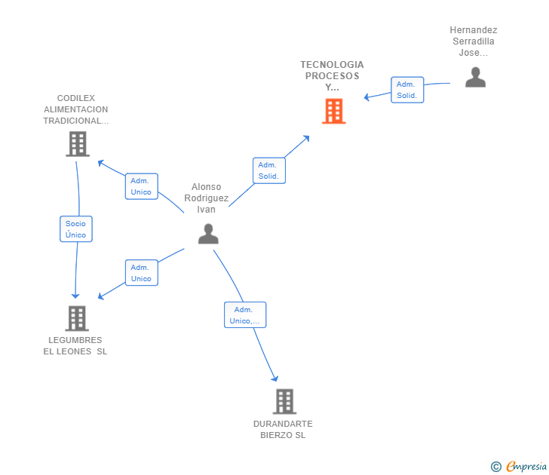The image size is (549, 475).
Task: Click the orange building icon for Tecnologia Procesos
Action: coord(333,111)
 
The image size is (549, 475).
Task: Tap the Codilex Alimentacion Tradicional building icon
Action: coord(77,143)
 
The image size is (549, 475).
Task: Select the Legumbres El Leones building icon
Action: coord(76,318)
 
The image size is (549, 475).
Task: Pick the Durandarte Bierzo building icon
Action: coord(284,401)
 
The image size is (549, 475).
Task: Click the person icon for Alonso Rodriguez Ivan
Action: coord(207,234)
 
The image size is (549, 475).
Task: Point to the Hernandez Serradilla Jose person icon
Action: coord(475,77)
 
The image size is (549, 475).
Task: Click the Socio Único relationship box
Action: coord(75,229)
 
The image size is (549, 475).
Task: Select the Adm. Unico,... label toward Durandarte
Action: coord(244,315)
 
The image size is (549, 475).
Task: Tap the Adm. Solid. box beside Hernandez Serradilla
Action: coord(406,90)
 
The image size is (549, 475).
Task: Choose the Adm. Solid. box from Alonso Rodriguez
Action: coord(268,170)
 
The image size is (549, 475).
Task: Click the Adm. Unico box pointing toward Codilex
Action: coord(141,186)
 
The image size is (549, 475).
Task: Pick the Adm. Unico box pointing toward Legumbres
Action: coord(141,273)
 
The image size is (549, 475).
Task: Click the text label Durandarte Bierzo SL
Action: coord(283,429)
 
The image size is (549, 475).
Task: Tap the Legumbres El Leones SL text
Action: coord(75,345)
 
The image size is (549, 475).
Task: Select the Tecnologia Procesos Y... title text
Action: coord(332,75)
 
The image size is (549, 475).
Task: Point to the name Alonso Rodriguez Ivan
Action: coord(207,198)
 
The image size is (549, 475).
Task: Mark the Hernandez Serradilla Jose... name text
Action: coord(474,41)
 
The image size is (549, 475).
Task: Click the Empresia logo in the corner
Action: coord(520,466)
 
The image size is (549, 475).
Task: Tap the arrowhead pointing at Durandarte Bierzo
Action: coord(275,378)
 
